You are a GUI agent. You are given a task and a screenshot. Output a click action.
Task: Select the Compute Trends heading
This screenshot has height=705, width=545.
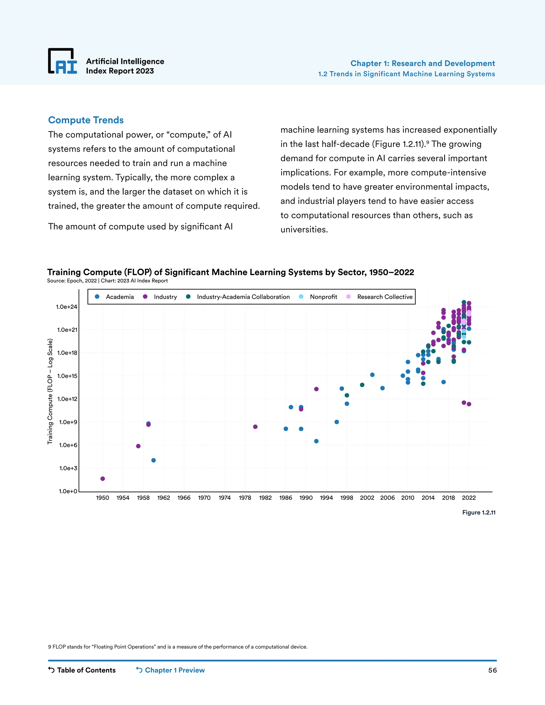point(86,120)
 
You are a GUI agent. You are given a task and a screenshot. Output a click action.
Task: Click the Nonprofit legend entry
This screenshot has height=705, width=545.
point(323,297)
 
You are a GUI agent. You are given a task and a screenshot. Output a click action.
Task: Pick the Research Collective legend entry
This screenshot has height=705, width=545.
point(385,297)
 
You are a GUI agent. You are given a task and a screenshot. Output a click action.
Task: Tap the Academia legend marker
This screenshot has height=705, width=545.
point(97,297)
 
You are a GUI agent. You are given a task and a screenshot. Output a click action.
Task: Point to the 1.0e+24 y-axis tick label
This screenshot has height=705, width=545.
point(67,307)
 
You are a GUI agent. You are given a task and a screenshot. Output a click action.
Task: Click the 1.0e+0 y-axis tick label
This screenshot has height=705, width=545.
point(68,491)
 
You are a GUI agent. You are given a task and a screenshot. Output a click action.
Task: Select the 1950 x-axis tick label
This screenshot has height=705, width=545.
point(103,498)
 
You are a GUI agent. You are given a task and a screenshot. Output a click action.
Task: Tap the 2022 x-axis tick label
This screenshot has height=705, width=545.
point(469,498)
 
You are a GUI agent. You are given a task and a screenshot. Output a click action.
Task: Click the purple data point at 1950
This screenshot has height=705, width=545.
point(103,479)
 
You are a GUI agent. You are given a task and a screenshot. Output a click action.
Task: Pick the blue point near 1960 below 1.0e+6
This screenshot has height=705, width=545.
point(154,460)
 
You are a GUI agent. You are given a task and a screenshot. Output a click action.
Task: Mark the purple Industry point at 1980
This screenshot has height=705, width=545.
point(255,427)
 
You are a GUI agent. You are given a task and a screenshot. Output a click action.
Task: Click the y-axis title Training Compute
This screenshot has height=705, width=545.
point(50,391)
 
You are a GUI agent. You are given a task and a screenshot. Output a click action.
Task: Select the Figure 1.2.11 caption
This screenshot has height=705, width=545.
point(478,513)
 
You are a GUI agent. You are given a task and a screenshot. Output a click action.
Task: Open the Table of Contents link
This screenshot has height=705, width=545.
point(82,670)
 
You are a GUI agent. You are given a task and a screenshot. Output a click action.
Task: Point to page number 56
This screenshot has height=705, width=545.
point(492,670)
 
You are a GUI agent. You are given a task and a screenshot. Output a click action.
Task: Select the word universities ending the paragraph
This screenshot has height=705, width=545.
point(304,230)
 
